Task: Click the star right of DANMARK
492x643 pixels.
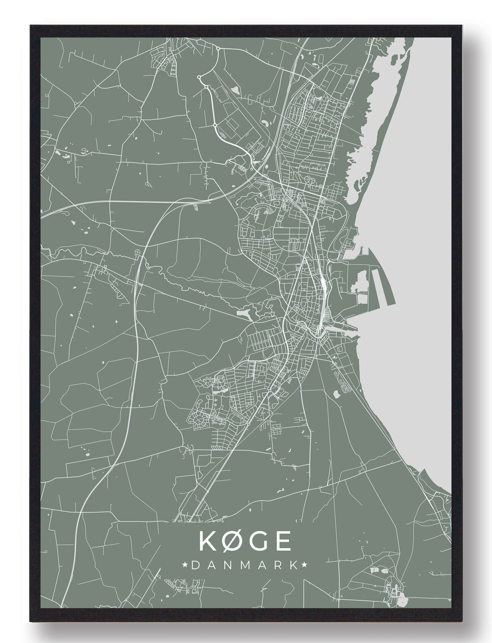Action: [x=304, y=565]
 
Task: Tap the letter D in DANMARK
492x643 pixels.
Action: [x=195, y=565]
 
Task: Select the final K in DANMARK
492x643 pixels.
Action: [x=294, y=565]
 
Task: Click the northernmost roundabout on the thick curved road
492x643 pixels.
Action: [x=218, y=48]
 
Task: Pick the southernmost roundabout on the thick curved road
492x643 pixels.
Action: [x=215, y=125]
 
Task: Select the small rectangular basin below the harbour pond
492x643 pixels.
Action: [x=362, y=299]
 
